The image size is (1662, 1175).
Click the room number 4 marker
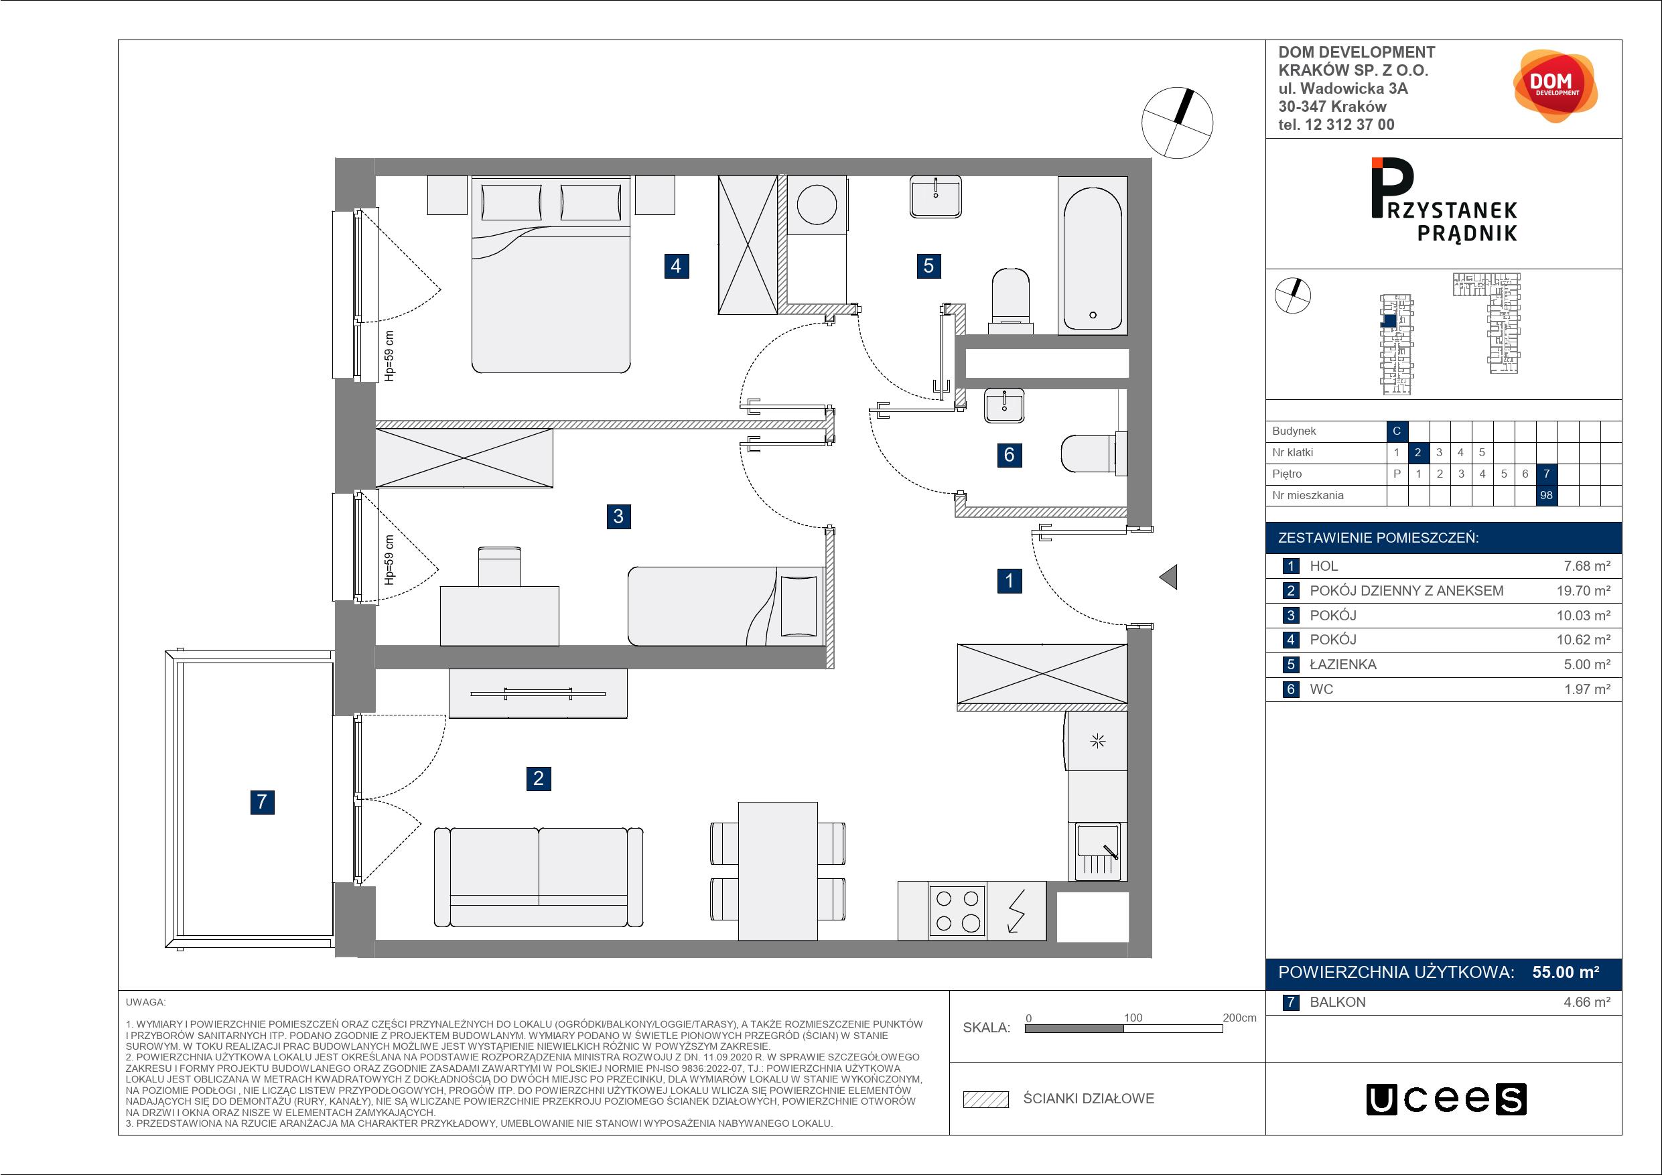pyautogui.click(x=675, y=266)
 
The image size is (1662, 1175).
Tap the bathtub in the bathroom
pyautogui.click(x=1093, y=255)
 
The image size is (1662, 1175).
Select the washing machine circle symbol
pyautogui.click(x=817, y=205)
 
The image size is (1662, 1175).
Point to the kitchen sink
pyautogui.click(x=1097, y=851)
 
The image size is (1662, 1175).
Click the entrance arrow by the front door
pyautogui.click(x=1168, y=577)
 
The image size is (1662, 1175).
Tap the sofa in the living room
pyautogui.click(x=539, y=878)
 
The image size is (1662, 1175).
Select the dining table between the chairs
pyautogui.click(x=778, y=871)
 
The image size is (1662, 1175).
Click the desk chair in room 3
pyautogui.click(x=499, y=567)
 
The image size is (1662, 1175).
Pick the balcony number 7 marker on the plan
pyautogui.click(x=262, y=801)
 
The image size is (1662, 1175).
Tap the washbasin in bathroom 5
pyautogui.click(x=936, y=197)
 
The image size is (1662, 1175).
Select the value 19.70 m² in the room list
pyautogui.click(x=1584, y=591)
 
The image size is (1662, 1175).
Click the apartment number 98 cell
pyautogui.click(x=1546, y=495)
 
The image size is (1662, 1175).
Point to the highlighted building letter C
pyautogui.click(x=1396, y=431)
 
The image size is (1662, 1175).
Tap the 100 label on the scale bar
pyautogui.click(x=1133, y=1017)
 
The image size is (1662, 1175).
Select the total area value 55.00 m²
pyautogui.click(x=1566, y=972)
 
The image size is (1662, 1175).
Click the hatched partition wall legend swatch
pyautogui.click(x=986, y=1099)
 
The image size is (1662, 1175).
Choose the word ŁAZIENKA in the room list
pyautogui.click(x=1342, y=665)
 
